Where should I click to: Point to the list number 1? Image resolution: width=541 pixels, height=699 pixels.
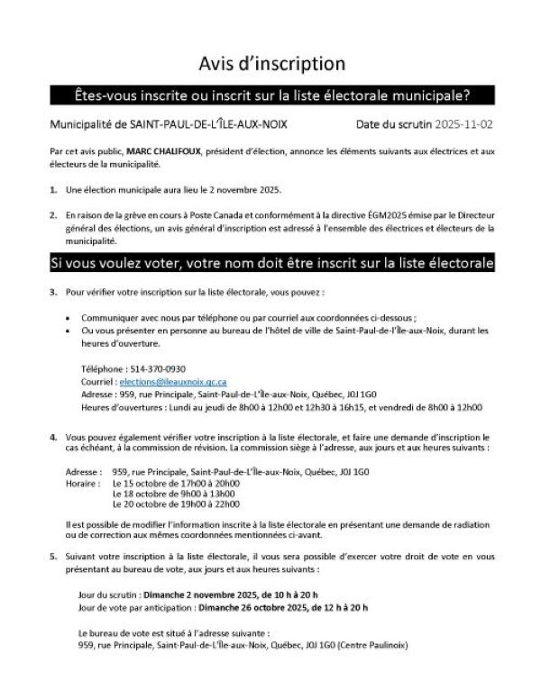[53, 191]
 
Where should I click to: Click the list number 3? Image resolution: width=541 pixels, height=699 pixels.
[53, 292]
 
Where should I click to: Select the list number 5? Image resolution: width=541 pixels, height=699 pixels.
[53, 557]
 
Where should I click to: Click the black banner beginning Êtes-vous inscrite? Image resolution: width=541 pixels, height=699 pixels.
[271, 94]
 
